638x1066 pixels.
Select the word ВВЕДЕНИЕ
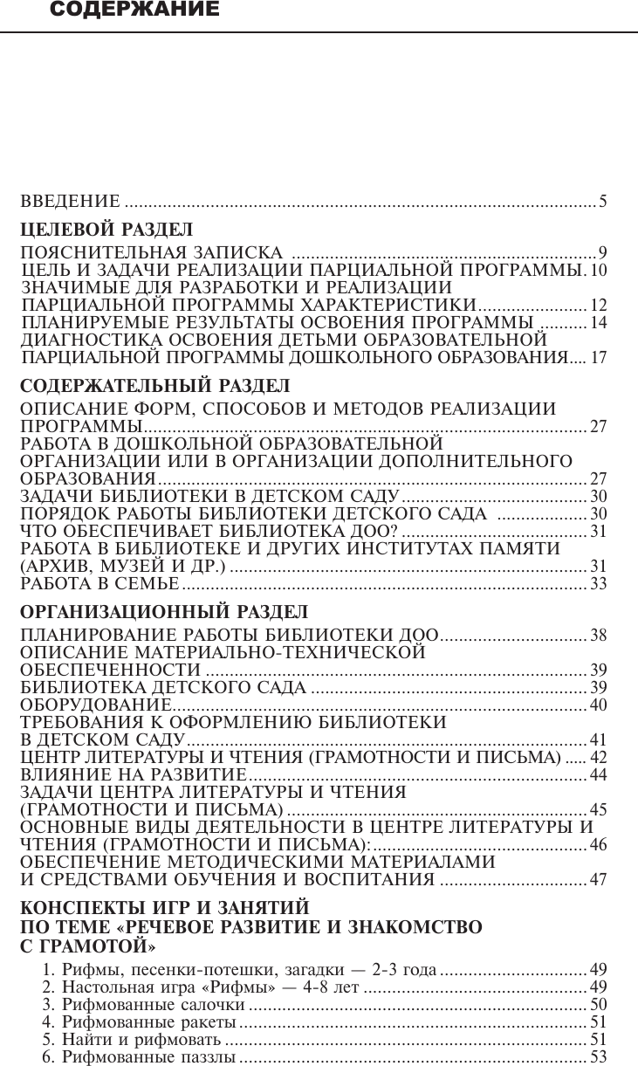click(70, 203)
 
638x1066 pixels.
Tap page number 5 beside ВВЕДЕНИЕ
click(602, 203)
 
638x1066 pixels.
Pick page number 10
click(599, 271)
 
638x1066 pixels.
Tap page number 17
click(599, 358)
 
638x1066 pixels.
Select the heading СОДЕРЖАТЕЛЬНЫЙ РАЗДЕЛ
click(154, 385)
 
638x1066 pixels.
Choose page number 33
click(599, 583)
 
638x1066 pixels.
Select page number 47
click(599, 880)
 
